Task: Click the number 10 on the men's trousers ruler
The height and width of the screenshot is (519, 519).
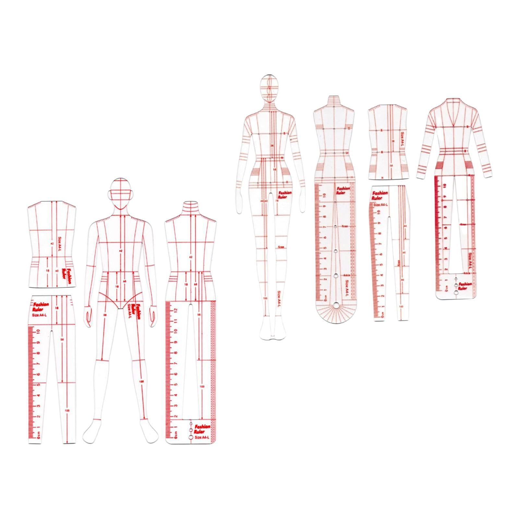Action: click(x=38, y=332)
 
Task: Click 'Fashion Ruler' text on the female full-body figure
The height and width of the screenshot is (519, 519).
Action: click(x=284, y=194)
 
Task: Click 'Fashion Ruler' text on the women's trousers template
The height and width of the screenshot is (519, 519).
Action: click(x=380, y=195)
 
